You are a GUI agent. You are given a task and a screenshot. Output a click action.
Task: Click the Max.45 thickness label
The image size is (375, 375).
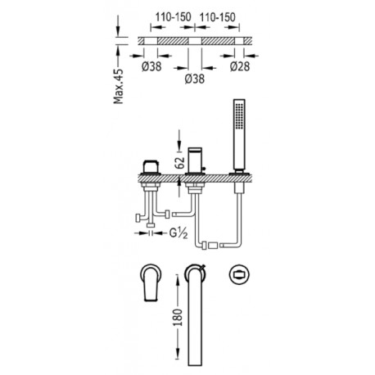119,87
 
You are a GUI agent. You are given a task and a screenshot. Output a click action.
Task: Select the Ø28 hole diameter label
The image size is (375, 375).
240,66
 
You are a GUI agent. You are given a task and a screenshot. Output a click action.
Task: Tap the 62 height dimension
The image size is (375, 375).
180,163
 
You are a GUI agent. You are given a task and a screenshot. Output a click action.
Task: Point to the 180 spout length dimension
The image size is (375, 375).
178,317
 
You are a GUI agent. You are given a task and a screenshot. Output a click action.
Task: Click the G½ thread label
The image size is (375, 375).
178,233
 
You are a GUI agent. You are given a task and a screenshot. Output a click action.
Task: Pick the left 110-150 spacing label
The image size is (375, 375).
173,17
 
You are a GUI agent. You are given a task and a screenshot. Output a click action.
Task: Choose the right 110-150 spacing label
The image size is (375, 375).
218,17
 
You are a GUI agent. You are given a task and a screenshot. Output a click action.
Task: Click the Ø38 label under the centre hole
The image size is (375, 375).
195,79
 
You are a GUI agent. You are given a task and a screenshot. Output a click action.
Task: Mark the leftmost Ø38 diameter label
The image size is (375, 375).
151,66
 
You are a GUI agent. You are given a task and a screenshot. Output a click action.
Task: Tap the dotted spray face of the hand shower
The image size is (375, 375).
239,115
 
